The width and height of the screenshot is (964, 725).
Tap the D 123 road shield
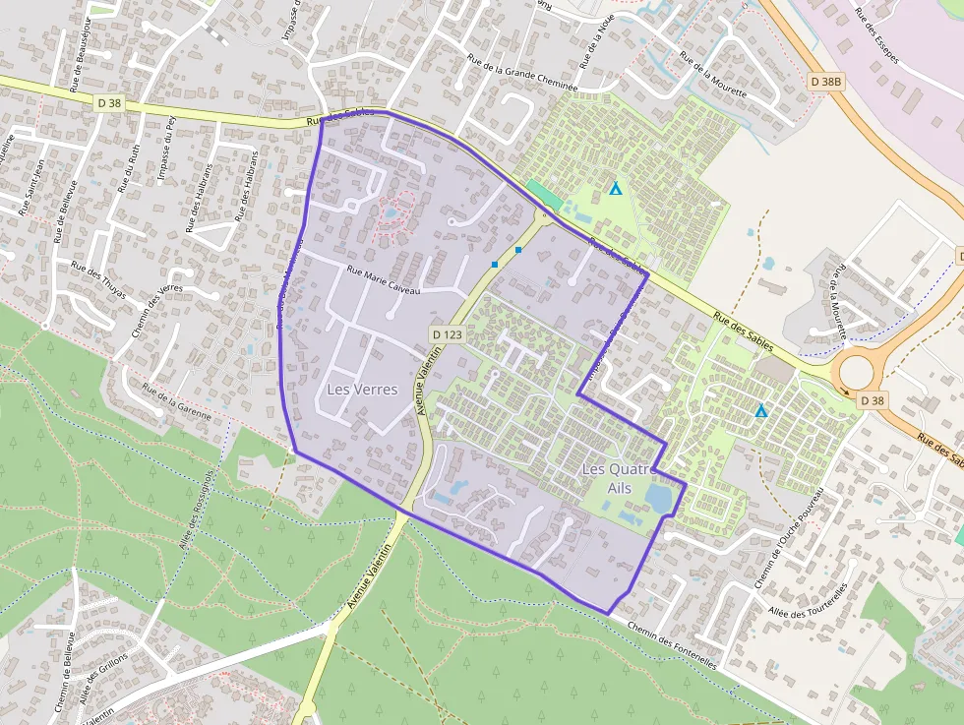tap(447, 334)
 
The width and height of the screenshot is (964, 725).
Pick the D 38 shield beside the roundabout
tap(872, 400)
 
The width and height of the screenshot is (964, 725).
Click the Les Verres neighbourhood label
tap(362, 390)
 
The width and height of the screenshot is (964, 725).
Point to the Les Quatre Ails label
tap(619, 478)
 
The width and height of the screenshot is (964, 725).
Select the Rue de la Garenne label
tap(177, 401)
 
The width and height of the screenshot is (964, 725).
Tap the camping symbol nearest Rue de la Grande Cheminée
tap(616, 187)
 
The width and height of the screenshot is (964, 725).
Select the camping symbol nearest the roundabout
tap(760, 410)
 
